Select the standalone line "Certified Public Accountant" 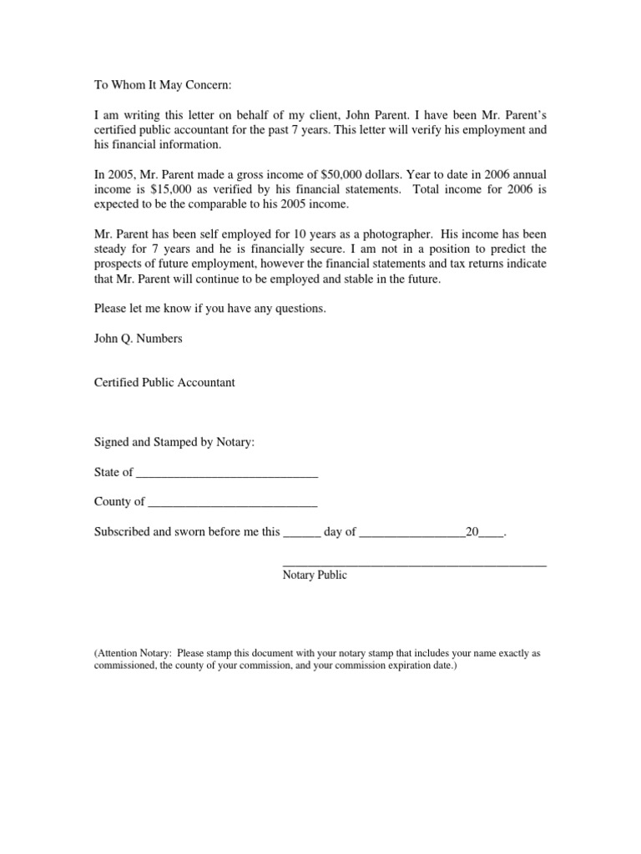164,383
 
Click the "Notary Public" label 315,575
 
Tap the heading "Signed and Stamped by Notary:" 174,442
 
